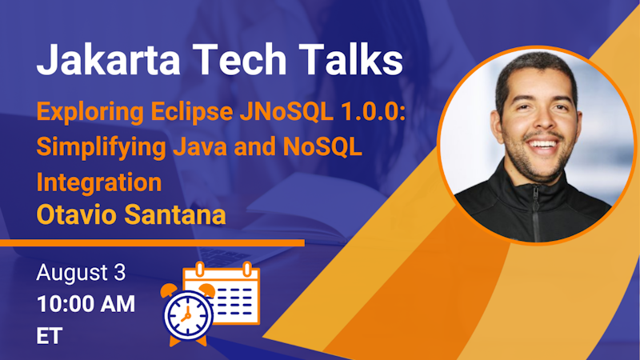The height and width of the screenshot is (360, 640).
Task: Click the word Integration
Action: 99,182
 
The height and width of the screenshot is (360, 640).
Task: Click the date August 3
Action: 81,274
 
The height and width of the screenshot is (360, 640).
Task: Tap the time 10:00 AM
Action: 86,304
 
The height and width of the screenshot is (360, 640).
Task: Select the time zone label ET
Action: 50,335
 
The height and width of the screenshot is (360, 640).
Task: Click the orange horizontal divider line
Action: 152,242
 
